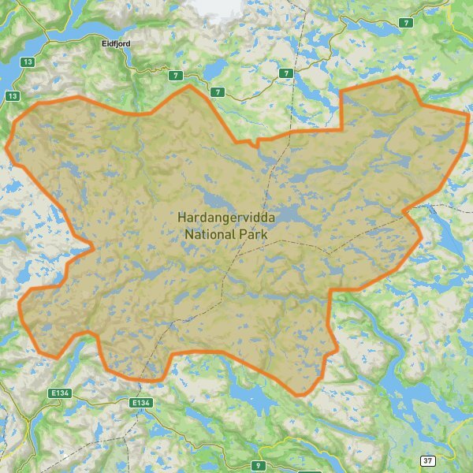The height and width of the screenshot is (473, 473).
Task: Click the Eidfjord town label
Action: [x=116, y=44]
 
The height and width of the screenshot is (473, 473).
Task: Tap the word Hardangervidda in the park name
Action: [x=223, y=217]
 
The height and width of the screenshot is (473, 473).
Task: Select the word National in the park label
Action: [x=211, y=234]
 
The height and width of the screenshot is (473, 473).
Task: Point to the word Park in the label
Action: [x=255, y=234]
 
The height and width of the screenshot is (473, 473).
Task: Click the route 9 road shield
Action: [x=256, y=465]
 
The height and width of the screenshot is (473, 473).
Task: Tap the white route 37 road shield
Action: [x=426, y=460]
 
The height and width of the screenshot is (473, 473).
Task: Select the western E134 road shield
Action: [x=59, y=393]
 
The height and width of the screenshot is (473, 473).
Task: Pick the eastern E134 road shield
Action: [x=140, y=403]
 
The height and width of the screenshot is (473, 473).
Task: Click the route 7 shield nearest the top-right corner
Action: [x=406, y=23]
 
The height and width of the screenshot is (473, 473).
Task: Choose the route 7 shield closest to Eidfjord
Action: [x=174, y=75]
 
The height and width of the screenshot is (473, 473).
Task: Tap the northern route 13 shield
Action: [x=28, y=61]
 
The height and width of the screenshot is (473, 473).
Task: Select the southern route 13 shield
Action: [x=12, y=96]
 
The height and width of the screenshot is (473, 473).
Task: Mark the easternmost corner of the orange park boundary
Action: [x=469, y=114]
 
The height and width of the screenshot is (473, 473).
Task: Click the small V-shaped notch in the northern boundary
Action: [x=256, y=144]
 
